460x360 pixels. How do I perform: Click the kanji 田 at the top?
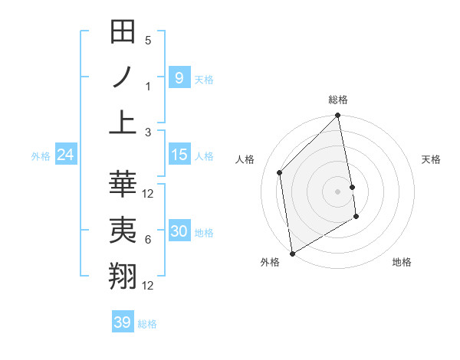123,32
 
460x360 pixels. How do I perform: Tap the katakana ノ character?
123,77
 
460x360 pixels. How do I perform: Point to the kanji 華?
123,185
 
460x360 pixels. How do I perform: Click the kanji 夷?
123,231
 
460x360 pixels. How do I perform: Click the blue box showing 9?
179,77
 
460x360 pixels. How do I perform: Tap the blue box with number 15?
179,155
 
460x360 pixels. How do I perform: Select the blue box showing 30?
179,231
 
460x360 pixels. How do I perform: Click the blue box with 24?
65,155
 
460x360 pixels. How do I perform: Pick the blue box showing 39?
122,322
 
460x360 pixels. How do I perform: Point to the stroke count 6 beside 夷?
148,240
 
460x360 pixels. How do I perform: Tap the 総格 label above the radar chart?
338,100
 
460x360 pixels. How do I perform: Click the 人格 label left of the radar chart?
245,159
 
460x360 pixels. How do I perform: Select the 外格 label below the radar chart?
270,262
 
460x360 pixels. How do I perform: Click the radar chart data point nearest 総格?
338,116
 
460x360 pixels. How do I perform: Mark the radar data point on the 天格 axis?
352,187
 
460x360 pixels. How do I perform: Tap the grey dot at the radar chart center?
338,191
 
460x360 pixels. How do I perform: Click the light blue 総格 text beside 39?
147,323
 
